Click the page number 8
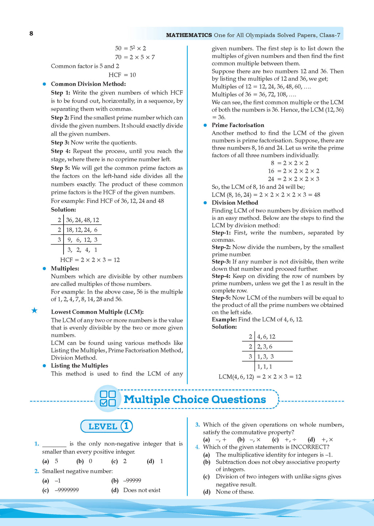pos(31,34)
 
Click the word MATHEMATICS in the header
pos(189,35)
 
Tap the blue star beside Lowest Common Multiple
pos(34,311)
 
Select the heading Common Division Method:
pos(88,84)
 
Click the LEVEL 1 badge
pos(106,426)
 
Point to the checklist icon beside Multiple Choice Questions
pos(107,399)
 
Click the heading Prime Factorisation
pos(238,125)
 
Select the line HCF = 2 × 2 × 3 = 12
pos(90,260)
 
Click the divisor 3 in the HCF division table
pos(59,240)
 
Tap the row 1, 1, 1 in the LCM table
pos(264,367)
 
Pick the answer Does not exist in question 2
pos(142,490)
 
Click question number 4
pos(197,447)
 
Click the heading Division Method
pos(235,203)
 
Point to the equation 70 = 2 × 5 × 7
pos(135,57)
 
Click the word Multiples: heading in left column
pos(65,268)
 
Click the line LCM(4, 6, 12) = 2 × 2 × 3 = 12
pos(260,377)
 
